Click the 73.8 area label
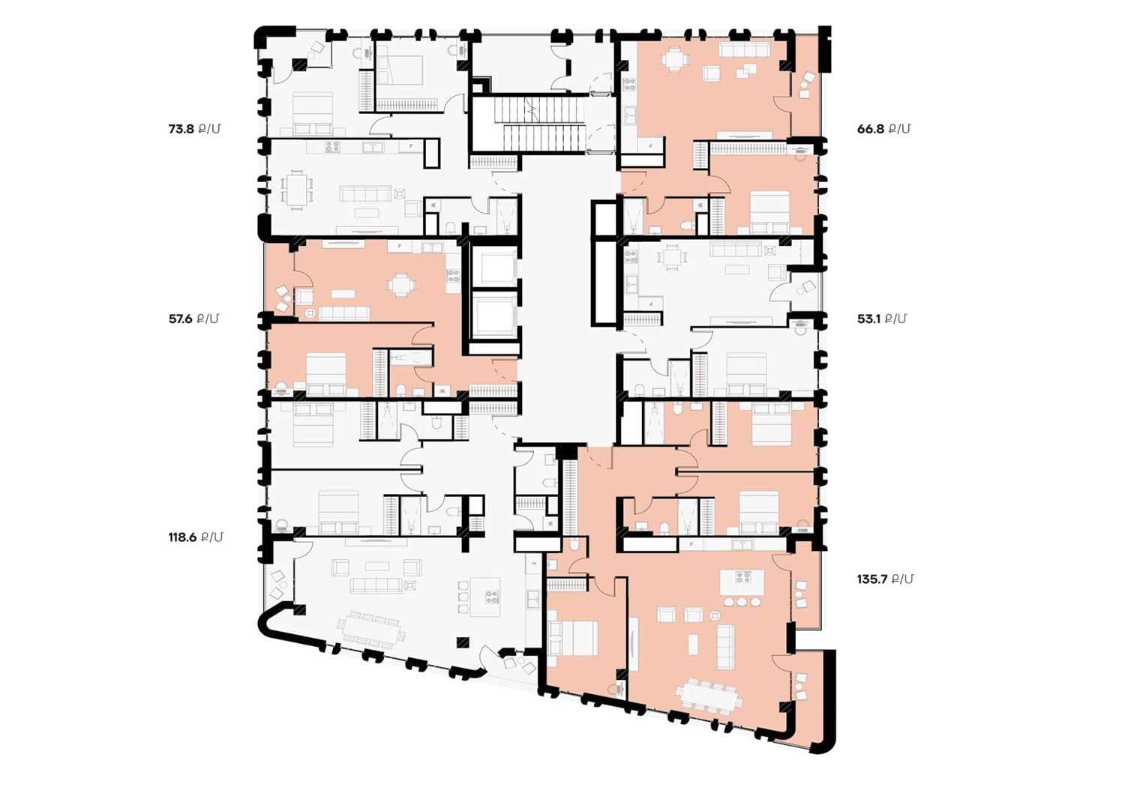tap(194, 129)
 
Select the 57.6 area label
tap(193, 319)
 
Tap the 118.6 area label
tap(195, 537)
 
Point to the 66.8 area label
tap(883, 129)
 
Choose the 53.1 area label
tap(881, 319)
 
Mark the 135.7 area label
tap(885, 579)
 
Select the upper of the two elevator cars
tap(495, 267)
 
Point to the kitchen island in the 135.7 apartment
tap(742, 583)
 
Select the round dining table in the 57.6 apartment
tap(401, 285)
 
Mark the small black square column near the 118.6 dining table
tap(462, 642)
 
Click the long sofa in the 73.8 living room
tap(365, 193)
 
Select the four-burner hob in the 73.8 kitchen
tap(332, 147)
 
